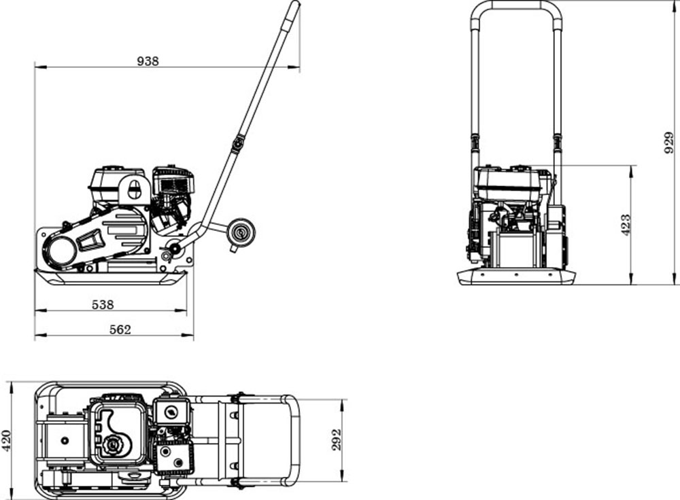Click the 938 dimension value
click(x=148, y=61)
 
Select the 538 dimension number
click(x=103, y=305)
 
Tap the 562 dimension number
click(x=120, y=329)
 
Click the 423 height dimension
click(x=626, y=225)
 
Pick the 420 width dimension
click(x=6, y=440)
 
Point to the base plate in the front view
click(x=516, y=277)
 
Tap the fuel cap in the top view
click(x=112, y=446)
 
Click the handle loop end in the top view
click(x=294, y=440)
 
